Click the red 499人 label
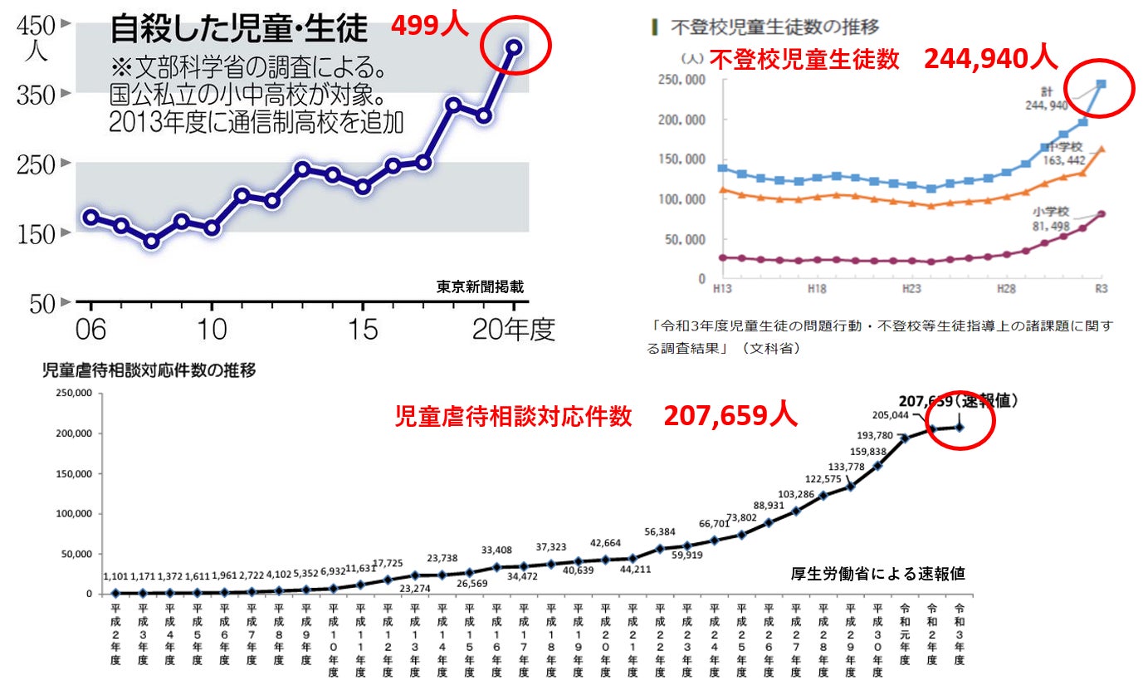430,26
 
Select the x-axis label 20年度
513,330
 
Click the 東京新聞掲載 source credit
481,286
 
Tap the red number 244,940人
990,58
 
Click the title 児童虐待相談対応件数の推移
149,370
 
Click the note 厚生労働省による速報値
877,574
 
